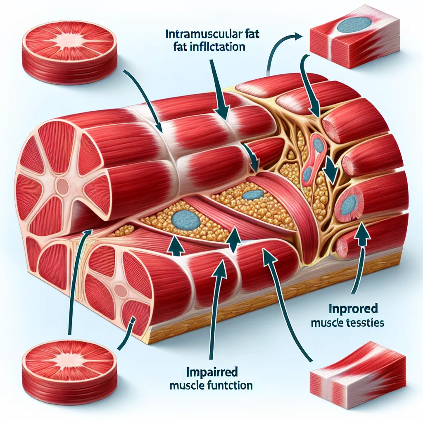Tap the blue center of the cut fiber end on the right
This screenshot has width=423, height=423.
349,203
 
